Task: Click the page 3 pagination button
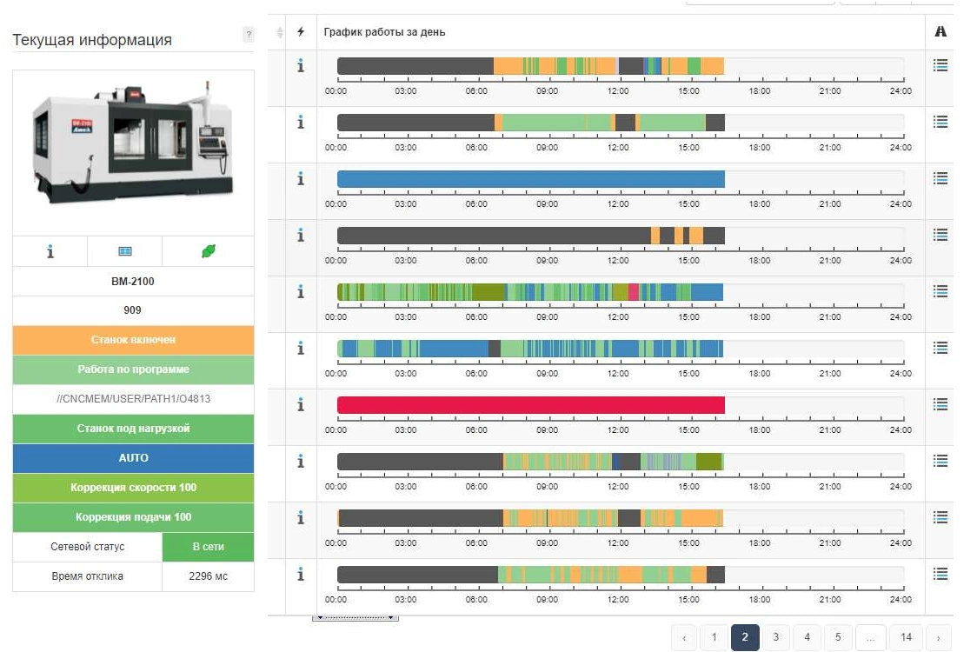775,637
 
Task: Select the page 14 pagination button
906,637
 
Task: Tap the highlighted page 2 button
744,637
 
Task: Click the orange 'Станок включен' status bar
133,340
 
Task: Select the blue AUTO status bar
133,458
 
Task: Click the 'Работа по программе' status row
133,369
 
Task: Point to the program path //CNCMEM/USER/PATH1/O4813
133,399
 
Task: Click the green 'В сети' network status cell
208,547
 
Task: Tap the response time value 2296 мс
208,576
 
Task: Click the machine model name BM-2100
133,282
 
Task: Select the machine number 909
133,310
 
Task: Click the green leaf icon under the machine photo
208,251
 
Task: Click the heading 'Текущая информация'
92,40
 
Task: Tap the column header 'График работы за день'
384,32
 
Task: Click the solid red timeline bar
530,405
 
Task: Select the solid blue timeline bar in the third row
530,179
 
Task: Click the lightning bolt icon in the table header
301,32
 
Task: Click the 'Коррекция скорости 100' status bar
133,488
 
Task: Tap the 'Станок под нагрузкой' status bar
133,429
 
